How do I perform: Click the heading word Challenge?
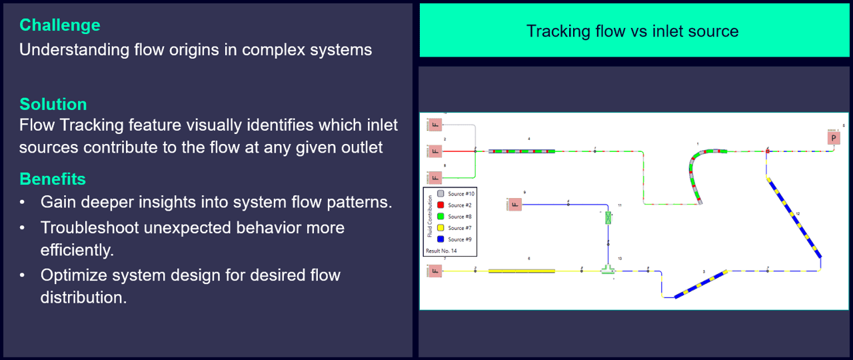point(60,25)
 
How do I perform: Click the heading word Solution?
point(53,105)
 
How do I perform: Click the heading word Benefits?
point(53,179)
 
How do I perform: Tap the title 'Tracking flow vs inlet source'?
point(632,31)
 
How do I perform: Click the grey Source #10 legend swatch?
point(440,194)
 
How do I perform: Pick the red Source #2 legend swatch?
point(440,205)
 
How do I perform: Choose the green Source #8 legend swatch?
point(440,217)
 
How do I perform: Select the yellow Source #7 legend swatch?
point(440,228)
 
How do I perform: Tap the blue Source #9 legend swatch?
point(440,239)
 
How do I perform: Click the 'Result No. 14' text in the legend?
point(442,251)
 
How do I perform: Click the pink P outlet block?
point(833,138)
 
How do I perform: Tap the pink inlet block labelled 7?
point(435,271)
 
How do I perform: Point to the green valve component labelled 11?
point(608,217)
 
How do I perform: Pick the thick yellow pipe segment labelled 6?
point(522,271)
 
